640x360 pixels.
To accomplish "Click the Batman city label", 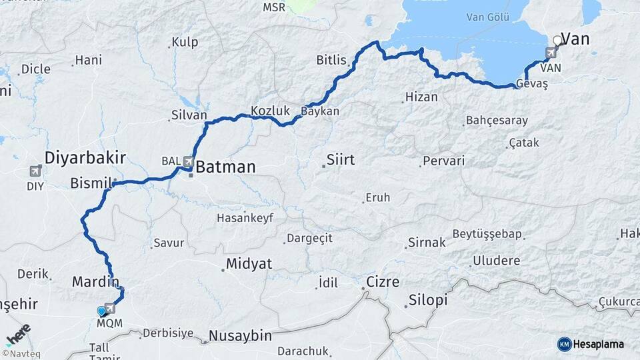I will point(225,167).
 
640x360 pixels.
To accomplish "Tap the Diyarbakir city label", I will point(85,158).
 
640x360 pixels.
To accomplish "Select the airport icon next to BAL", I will point(189,161).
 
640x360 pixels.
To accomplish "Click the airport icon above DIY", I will point(35,172).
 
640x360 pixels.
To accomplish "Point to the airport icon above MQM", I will point(110,309).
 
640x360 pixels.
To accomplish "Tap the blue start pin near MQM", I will point(101,311).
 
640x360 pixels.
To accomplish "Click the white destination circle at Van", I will point(558,40).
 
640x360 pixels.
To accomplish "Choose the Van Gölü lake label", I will point(487,16).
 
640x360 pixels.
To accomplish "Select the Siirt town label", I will point(340,160).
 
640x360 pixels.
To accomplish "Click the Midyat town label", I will point(249,264).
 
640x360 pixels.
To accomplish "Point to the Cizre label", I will point(382,282).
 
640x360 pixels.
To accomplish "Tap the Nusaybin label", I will point(240,335).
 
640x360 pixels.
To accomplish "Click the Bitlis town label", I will point(332,61).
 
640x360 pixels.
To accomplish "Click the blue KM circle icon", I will point(564,344).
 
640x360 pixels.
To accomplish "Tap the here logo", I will point(17,334).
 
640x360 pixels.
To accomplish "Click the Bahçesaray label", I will point(497,121).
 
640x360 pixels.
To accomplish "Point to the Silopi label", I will point(427,300).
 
